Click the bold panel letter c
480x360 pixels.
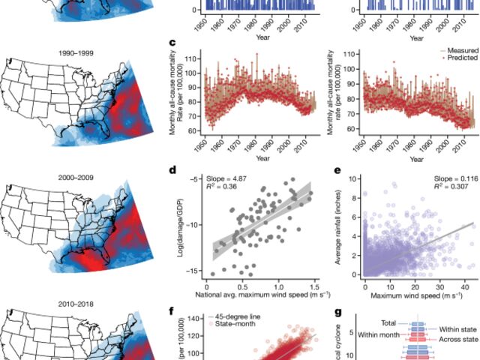point(173,44)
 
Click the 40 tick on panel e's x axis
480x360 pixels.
point(465,286)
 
